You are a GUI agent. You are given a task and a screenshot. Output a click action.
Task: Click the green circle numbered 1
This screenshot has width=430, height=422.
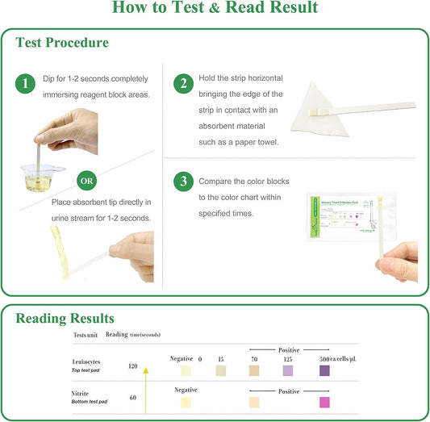pyautogui.click(x=27, y=83)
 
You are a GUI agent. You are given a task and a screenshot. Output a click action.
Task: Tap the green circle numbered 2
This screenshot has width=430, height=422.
pyautogui.click(x=184, y=83)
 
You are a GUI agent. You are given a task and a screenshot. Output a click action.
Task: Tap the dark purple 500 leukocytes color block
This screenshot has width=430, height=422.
pyautogui.click(x=324, y=370)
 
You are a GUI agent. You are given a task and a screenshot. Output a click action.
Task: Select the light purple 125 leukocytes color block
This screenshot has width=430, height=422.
pyautogui.click(x=287, y=370)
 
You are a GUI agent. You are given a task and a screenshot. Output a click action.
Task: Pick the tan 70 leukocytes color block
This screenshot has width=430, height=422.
pyautogui.click(x=253, y=370)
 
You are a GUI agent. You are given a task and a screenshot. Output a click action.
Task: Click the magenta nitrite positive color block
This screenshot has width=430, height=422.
pyautogui.click(x=324, y=402)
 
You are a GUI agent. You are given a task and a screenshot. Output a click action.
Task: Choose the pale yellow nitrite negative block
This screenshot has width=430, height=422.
pyautogui.click(x=186, y=402)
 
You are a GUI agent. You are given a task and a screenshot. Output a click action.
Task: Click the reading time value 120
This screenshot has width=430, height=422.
pyautogui.click(x=133, y=366)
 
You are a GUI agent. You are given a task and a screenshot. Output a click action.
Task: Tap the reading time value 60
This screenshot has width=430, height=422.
pyautogui.click(x=133, y=398)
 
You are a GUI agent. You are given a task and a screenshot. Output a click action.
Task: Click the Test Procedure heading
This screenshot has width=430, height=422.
pyautogui.click(x=62, y=42)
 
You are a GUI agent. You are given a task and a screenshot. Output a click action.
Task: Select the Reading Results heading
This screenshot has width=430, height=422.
pyautogui.click(x=65, y=319)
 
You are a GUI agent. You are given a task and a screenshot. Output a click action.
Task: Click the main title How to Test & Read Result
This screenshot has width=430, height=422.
pyautogui.click(x=215, y=9)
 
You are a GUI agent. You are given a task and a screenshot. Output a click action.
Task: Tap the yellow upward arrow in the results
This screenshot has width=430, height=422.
pyautogui.click(x=146, y=387)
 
